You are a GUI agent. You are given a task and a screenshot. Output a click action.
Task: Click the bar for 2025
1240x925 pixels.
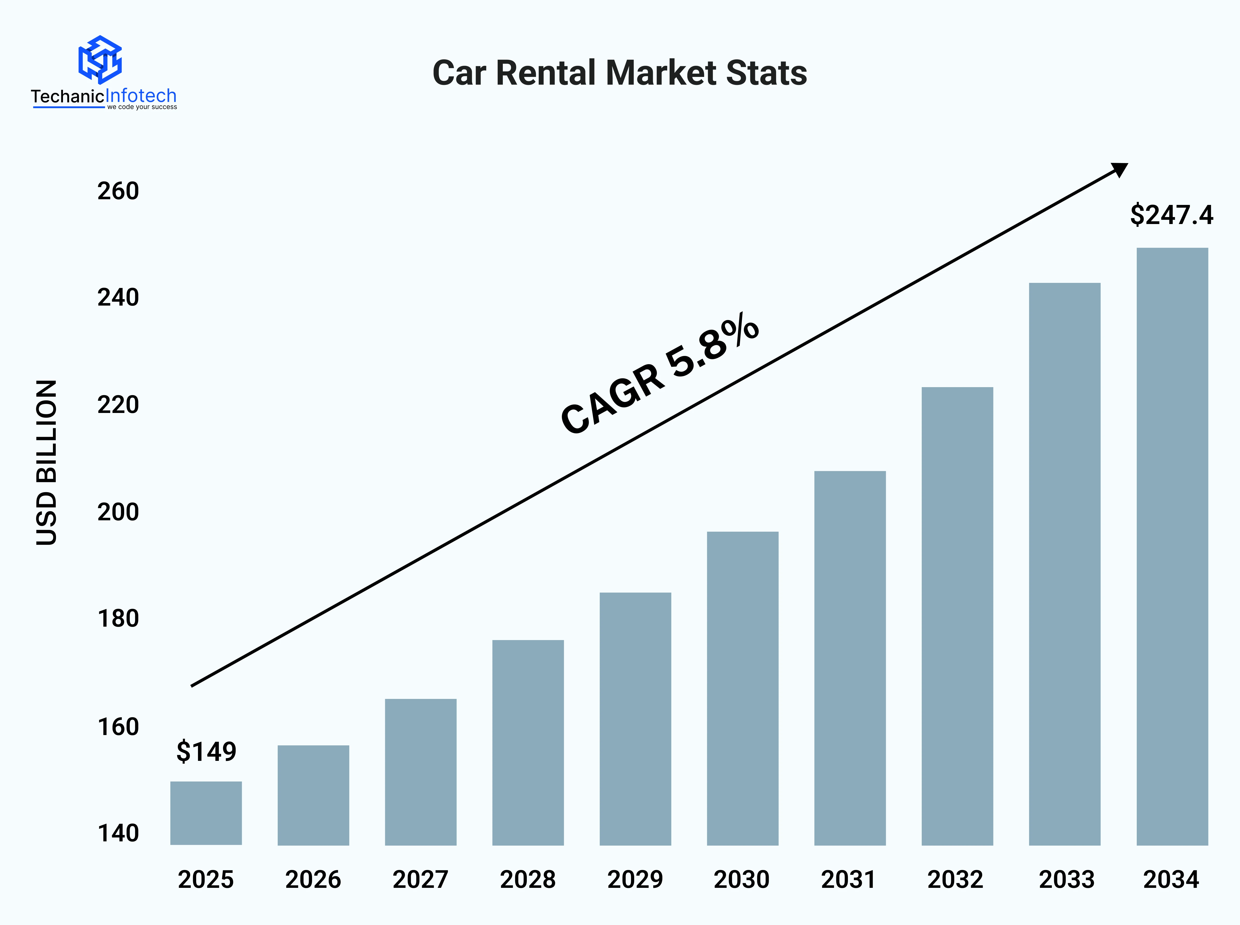click(x=206, y=813)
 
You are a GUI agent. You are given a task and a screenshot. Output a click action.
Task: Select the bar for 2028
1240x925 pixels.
click(x=528, y=743)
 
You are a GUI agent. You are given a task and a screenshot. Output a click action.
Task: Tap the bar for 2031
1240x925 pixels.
click(x=850, y=658)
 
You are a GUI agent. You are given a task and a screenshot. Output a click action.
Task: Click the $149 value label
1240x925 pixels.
click(x=206, y=751)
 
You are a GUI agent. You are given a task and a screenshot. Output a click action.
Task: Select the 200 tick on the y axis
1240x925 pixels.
click(x=118, y=512)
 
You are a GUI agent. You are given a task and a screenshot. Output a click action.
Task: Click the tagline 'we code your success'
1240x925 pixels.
click(x=142, y=107)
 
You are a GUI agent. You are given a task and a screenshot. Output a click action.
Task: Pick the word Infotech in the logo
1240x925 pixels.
click(x=141, y=96)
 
